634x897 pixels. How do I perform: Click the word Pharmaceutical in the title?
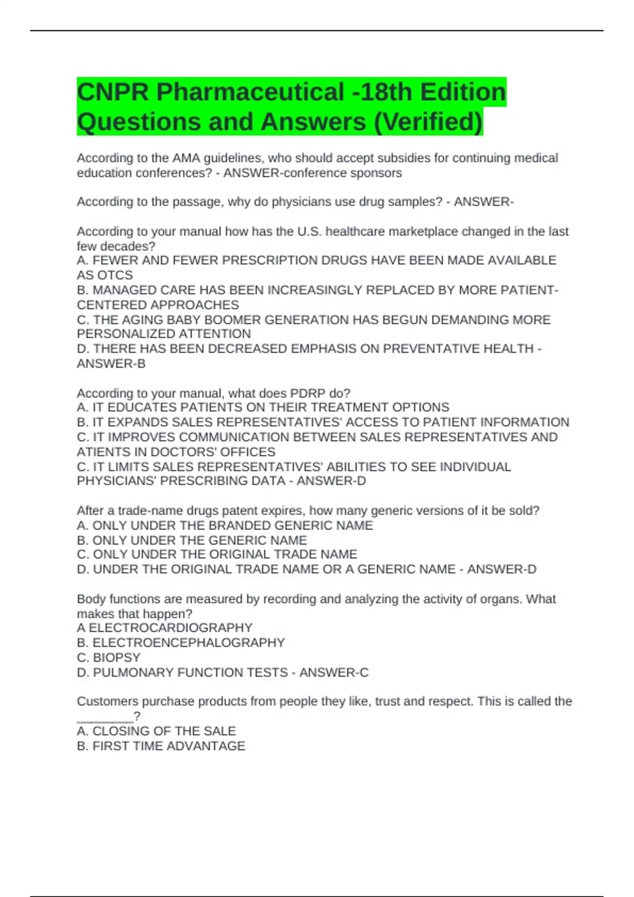(250, 92)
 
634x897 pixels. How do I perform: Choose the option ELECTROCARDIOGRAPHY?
(170, 628)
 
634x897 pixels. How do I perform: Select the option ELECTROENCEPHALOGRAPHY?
(189, 643)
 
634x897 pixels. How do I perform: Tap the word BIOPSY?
(117, 657)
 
